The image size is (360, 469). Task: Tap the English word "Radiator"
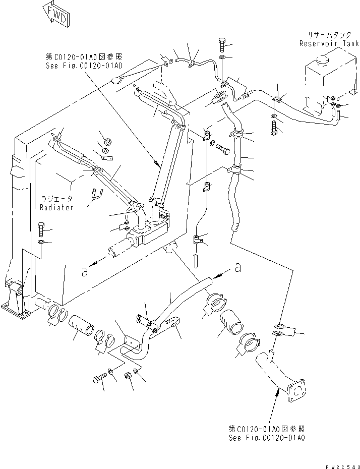(56, 207)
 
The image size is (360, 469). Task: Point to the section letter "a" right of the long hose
(236, 268)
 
